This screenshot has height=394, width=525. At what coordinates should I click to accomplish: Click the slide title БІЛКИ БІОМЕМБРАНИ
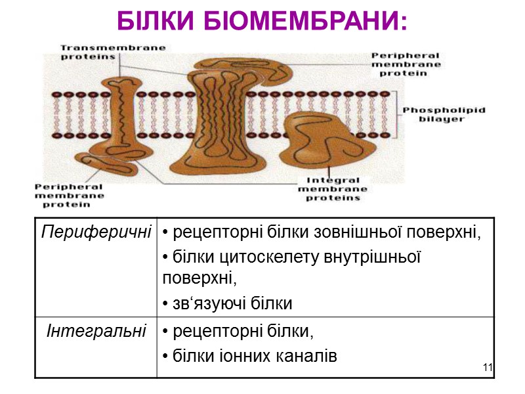pos(262,21)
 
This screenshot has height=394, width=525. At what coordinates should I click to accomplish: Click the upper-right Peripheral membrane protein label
pos(405,64)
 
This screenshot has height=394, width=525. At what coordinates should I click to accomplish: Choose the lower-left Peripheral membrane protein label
pos(69,195)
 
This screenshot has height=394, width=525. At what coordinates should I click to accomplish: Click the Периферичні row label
pos(96,231)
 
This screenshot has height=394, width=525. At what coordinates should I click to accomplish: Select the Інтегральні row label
pos(96,331)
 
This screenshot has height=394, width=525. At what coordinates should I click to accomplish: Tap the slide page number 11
pos(486,366)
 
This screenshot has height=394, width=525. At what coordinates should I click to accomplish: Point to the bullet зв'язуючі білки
pos(227,303)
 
